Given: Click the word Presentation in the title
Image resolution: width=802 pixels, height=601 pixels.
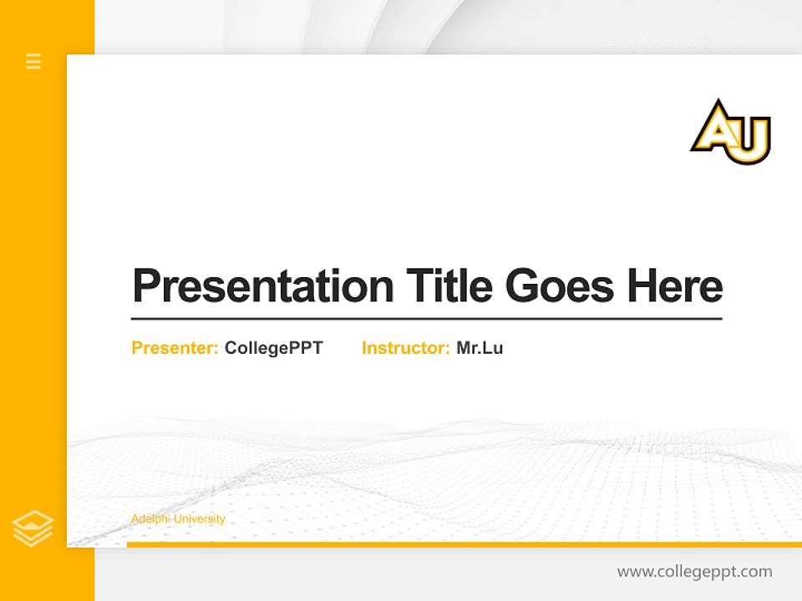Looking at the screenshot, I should [262, 286].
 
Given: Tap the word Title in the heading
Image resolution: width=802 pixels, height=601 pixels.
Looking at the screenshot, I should [449, 286].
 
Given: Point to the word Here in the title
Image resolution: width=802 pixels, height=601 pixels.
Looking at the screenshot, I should [674, 286].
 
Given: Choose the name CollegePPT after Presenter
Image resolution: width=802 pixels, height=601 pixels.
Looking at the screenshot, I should [273, 348].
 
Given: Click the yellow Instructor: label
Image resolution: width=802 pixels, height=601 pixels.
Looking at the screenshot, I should [405, 348].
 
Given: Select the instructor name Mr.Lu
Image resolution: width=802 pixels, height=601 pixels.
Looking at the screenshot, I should [480, 348].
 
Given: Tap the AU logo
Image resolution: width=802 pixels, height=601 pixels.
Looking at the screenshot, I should [730, 133].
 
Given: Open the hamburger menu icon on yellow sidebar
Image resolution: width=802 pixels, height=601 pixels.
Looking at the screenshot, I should [33, 61].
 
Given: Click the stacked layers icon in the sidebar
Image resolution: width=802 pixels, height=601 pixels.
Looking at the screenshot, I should [33, 528].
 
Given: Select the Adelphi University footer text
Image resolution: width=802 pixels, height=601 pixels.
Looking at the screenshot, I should [178, 519].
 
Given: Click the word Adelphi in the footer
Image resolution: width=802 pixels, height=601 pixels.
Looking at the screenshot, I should [150, 519].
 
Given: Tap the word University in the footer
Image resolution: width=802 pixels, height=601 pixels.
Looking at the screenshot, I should [198, 519].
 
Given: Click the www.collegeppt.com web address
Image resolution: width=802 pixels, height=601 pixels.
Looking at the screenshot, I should [694, 572].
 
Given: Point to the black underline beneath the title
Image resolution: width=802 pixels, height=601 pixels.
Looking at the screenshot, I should [426, 318].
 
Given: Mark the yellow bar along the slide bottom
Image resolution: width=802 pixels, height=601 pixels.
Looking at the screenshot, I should [464, 544].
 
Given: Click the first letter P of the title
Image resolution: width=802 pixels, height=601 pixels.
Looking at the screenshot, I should [145, 286].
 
